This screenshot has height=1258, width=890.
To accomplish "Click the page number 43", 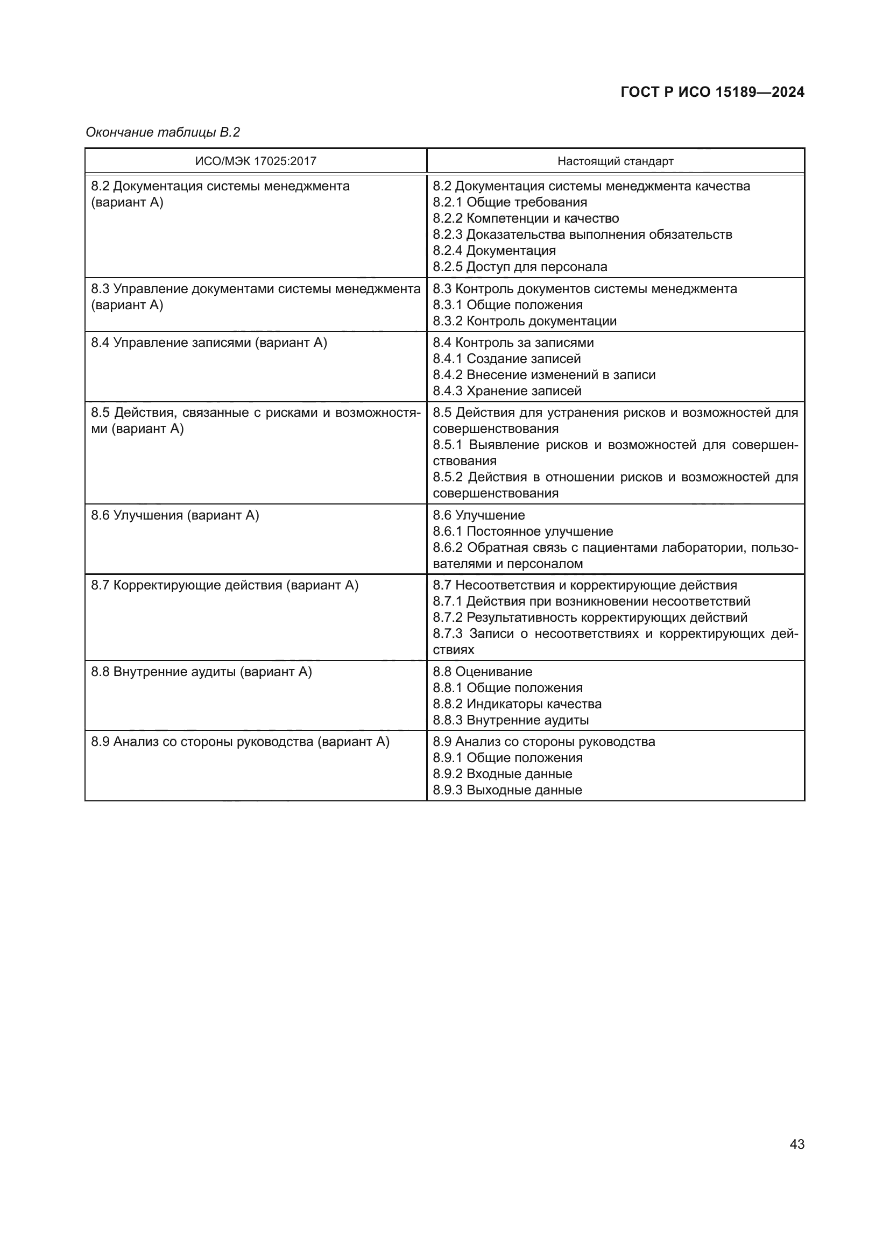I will click(x=797, y=1144).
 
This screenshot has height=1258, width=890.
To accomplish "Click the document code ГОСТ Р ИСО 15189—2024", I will click(x=712, y=92).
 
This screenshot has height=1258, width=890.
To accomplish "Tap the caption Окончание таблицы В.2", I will click(x=163, y=132).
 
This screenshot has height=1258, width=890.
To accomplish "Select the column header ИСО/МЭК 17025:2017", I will click(x=256, y=161).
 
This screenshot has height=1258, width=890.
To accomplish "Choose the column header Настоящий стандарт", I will click(x=615, y=161).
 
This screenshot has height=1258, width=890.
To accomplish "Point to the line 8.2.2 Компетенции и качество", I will click(x=526, y=218).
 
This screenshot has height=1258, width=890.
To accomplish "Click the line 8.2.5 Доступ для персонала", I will click(x=520, y=267).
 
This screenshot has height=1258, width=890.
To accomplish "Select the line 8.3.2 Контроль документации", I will click(x=525, y=321).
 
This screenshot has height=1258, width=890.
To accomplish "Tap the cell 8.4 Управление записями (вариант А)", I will click(x=209, y=343).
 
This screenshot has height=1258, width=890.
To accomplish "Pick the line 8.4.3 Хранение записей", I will click(x=507, y=390).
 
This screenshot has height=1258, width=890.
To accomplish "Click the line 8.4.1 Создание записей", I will click(x=506, y=359).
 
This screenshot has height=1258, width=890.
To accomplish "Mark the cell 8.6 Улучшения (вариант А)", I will click(x=175, y=515).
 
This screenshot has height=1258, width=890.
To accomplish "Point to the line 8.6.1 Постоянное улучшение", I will click(x=523, y=531).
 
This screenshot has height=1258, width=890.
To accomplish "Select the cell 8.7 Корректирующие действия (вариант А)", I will click(x=225, y=585).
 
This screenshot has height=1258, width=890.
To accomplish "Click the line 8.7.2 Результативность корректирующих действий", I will click(x=590, y=617).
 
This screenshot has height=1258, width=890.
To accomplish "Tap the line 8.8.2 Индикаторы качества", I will click(x=517, y=704).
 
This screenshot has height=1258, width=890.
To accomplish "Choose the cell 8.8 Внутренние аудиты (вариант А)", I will click(x=201, y=672).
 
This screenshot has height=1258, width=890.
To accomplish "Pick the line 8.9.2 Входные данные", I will click(x=502, y=773).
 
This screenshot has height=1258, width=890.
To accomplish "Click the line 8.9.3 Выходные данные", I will click(x=507, y=790).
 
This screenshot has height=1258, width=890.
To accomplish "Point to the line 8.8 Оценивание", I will click(x=482, y=672).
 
